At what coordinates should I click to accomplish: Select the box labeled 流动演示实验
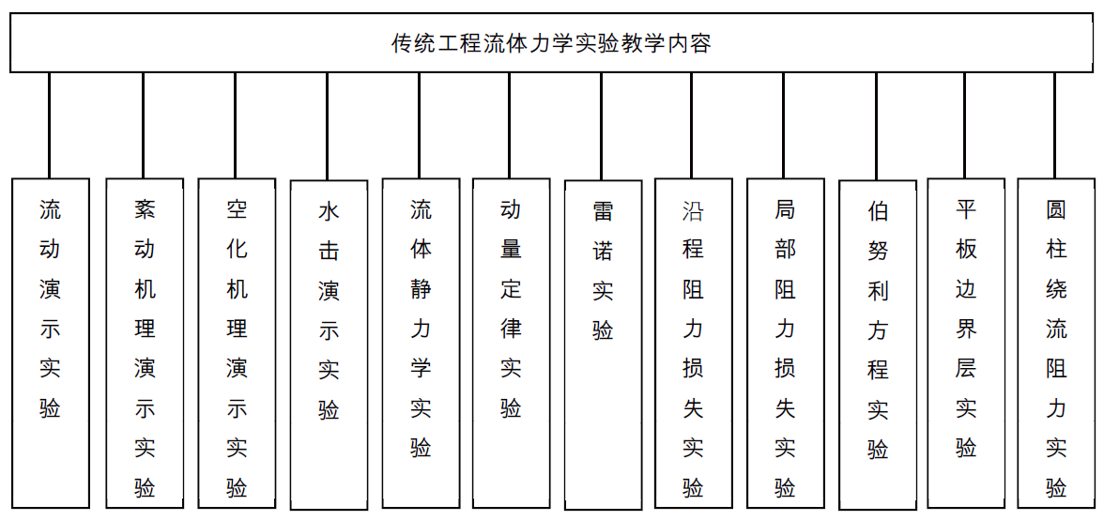click(51, 343)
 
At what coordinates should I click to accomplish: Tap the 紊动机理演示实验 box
click(145, 343)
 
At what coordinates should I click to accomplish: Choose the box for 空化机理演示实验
click(237, 343)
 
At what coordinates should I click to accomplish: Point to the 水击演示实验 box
click(329, 345)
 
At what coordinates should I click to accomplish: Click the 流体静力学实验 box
click(421, 343)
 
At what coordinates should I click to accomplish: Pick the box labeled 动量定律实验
click(511, 343)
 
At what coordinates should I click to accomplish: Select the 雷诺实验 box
click(604, 345)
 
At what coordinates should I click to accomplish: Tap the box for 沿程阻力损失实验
click(694, 343)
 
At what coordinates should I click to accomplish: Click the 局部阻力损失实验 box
click(785, 343)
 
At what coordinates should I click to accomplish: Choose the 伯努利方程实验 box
click(878, 345)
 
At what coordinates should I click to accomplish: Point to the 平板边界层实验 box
click(966, 343)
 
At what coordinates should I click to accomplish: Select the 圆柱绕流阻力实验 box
click(1056, 343)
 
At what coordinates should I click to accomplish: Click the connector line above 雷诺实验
click(602, 126)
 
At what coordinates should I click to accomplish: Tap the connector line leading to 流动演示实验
click(49, 126)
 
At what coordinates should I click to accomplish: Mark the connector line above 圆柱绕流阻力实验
click(1055, 126)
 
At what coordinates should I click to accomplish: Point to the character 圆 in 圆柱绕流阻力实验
click(1056, 209)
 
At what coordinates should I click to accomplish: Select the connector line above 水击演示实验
click(328, 126)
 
